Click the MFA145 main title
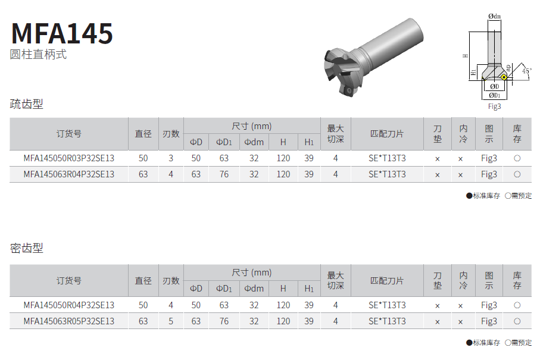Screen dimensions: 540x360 coord(62,33)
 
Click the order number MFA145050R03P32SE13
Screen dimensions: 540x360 coord(69,158)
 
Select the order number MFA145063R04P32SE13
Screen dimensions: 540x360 coord(69,174)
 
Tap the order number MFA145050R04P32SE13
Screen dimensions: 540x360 coord(69,305)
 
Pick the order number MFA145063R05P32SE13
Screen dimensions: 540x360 coord(69,321)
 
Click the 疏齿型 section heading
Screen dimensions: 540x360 coord(27,104)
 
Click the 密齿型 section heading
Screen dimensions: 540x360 coord(27,248)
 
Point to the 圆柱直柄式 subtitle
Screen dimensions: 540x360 coord(38,54)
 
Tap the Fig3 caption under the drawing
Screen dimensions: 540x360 coord(495,107)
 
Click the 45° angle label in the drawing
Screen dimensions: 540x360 coord(526,71)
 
